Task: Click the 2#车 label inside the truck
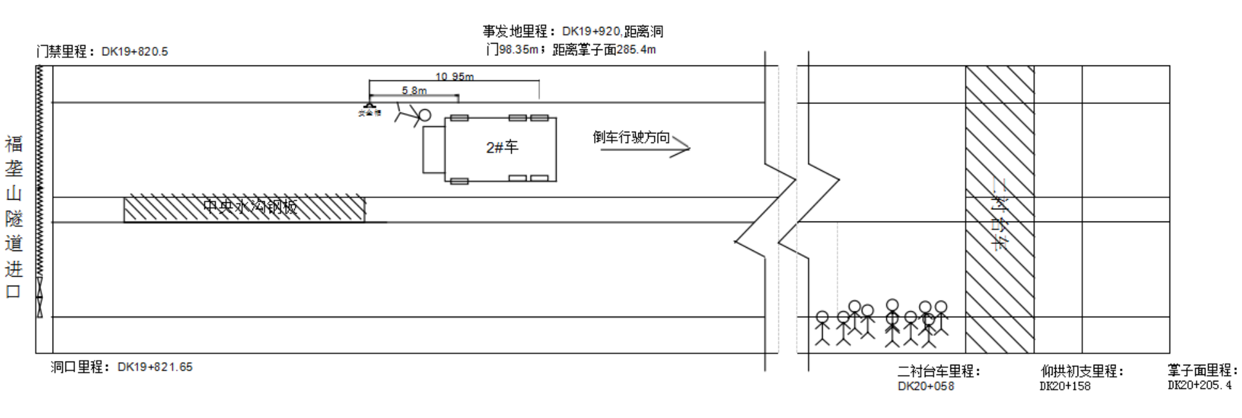(x=502, y=147)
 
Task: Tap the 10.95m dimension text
(x=454, y=76)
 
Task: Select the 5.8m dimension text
(x=414, y=91)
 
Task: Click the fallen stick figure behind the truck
(x=413, y=116)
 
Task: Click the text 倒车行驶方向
(x=631, y=137)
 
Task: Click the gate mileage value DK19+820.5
(x=134, y=51)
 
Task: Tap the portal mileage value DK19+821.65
(x=155, y=367)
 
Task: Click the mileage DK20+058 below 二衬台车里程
(x=925, y=386)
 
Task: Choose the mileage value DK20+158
(x=1065, y=386)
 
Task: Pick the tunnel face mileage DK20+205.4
(x=1199, y=385)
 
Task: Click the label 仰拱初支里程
(x=1081, y=371)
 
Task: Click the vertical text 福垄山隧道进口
(x=13, y=216)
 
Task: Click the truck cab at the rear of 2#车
(x=433, y=150)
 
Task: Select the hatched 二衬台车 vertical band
(x=999, y=209)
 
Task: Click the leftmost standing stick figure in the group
(x=822, y=327)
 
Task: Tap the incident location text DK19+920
(x=591, y=31)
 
